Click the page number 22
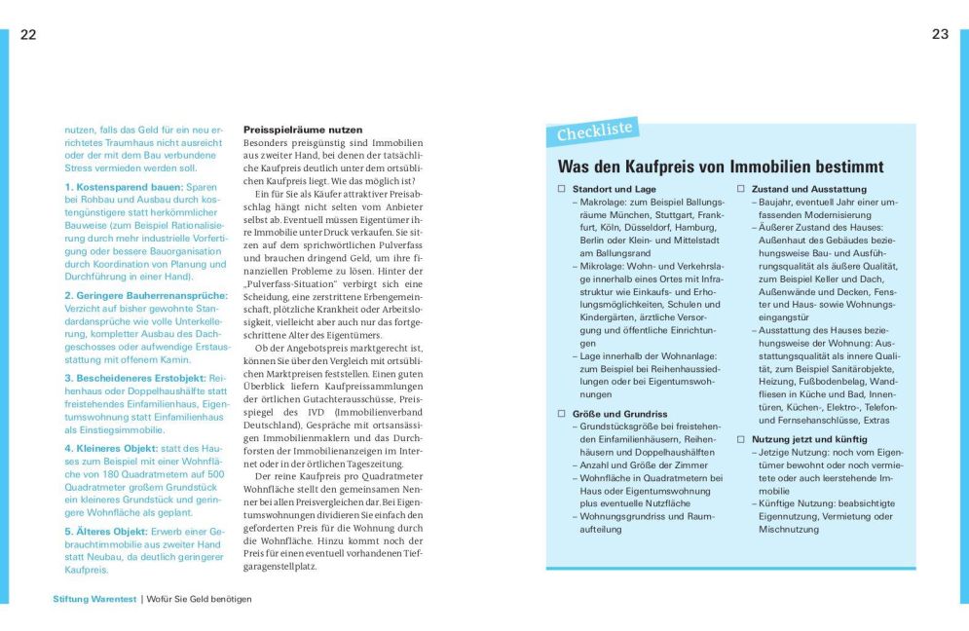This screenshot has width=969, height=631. pyautogui.click(x=28, y=34)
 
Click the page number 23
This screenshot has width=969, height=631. pyautogui.click(x=940, y=34)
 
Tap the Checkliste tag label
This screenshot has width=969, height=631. pyautogui.click(x=595, y=130)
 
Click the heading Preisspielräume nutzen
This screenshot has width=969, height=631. pyautogui.click(x=303, y=130)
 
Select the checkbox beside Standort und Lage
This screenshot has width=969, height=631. pyautogui.click(x=561, y=189)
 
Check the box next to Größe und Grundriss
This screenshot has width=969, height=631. pyautogui.click(x=561, y=414)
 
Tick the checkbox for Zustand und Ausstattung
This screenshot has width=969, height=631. pyautogui.click(x=740, y=189)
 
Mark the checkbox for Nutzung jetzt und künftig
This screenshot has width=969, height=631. pyautogui.click(x=740, y=439)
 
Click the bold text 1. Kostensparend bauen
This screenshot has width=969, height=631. pyautogui.click(x=123, y=186)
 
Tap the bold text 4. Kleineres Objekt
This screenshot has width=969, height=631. pyautogui.click(x=112, y=447)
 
